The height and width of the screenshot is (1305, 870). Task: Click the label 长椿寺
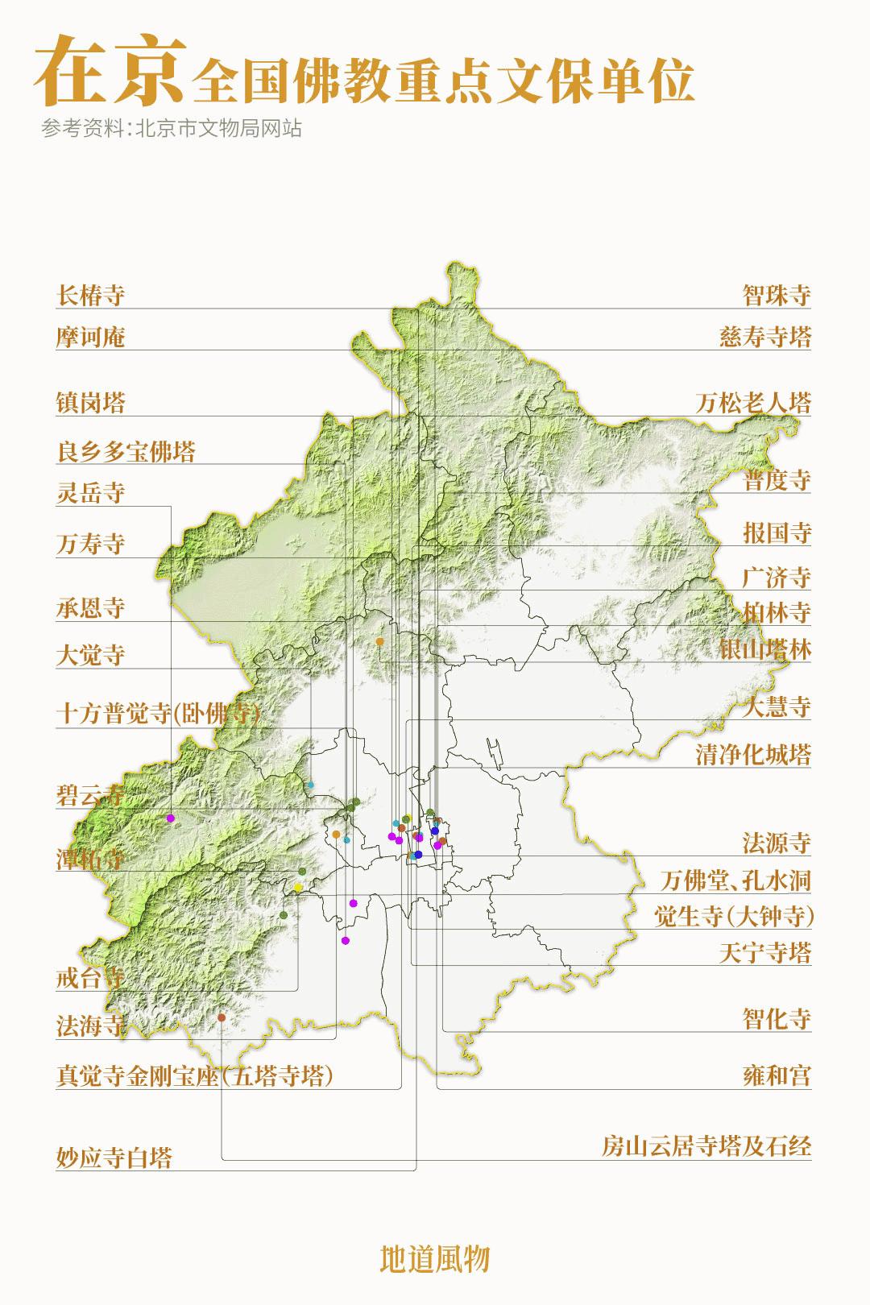click(x=91, y=295)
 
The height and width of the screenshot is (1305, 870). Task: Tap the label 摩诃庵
click(x=91, y=337)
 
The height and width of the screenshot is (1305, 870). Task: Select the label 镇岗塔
click(x=91, y=403)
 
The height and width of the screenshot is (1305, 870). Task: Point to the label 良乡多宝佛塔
click(x=126, y=451)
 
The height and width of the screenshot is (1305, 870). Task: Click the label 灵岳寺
click(x=91, y=492)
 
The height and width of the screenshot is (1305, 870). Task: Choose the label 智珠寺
click(x=776, y=295)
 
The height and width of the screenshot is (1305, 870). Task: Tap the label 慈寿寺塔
click(x=764, y=337)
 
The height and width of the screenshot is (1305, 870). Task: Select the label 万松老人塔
click(x=753, y=403)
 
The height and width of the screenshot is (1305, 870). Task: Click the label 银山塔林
click(x=764, y=649)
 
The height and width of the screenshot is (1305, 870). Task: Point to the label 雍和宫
click(x=776, y=1075)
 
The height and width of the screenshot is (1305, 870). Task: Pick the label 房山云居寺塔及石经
click(x=706, y=1145)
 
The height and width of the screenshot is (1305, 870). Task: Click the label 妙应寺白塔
click(x=114, y=1158)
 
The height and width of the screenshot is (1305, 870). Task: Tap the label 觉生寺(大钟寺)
click(x=734, y=916)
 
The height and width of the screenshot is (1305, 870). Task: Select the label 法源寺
click(x=776, y=843)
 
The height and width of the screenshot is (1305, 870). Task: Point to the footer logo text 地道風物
click(x=435, y=1258)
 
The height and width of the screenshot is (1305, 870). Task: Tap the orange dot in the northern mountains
click(x=379, y=642)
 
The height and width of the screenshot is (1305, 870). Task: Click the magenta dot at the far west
click(x=171, y=818)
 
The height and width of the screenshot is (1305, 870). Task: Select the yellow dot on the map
click(x=298, y=888)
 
